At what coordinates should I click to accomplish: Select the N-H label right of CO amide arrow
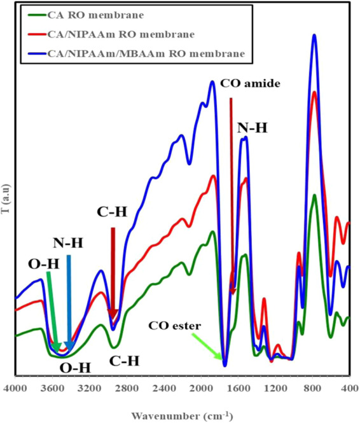[x=253, y=128]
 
